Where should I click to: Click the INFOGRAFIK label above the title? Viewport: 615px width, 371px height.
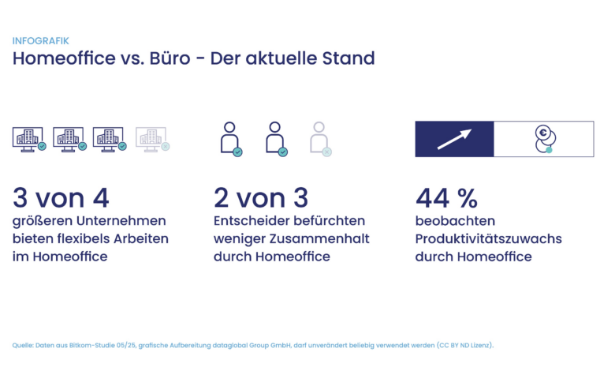coord(40,41)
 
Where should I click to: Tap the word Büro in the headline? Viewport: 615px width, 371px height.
coord(170,58)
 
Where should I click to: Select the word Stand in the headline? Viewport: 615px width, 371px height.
coord(348,58)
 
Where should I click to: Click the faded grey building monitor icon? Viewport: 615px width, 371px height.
coord(153,140)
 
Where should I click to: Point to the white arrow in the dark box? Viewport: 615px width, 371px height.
coord(454,140)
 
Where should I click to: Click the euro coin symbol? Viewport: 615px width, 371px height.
coord(543,133)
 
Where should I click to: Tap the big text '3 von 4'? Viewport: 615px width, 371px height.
coord(61,198)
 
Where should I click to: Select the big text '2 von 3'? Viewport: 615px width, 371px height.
coord(261,198)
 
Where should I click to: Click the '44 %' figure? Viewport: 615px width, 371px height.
coord(447,198)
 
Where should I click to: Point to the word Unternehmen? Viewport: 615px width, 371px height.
coord(121,221)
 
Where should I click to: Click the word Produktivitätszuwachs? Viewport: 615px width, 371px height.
coord(489,238)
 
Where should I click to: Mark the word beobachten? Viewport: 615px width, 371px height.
coord(456,221)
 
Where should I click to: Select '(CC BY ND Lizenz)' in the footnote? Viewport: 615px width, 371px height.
coord(464,346)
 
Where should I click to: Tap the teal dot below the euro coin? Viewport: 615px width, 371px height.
coord(549,150)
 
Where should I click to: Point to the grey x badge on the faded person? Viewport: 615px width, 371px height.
coord(326,152)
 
